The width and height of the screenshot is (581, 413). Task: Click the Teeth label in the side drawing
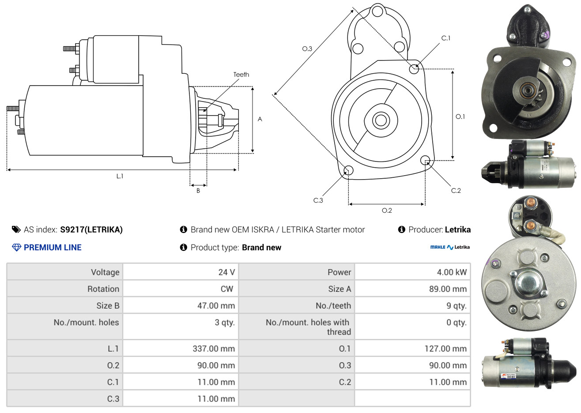click(241, 75)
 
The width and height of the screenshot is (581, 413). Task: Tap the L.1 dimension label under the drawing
click(120, 176)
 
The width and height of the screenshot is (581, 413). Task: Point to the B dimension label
click(198, 191)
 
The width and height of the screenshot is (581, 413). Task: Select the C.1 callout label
click(445, 38)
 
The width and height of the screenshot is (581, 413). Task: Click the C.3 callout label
click(318, 200)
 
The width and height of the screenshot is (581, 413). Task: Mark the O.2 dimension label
click(387, 210)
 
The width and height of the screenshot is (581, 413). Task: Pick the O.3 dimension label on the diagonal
click(307, 49)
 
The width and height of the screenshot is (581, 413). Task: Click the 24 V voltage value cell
click(226, 272)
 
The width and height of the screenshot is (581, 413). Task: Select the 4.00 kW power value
click(452, 272)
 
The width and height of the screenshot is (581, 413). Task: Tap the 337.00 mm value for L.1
click(214, 349)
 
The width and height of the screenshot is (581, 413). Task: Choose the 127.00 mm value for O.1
click(445, 349)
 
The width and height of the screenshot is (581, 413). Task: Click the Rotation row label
click(103, 289)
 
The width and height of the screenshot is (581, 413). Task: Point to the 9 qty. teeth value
click(456, 306)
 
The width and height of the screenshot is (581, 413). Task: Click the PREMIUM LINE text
click(53, 248)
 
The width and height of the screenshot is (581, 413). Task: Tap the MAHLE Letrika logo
click(450, 248)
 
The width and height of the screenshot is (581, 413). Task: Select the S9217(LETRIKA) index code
click(91, 230)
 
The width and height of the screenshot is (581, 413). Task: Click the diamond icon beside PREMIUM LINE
click(17, 248)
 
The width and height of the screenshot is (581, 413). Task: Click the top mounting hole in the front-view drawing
click(377, 11)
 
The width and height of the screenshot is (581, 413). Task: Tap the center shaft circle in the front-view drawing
click(381, 120)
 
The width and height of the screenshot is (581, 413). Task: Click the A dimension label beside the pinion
click(260, 119)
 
